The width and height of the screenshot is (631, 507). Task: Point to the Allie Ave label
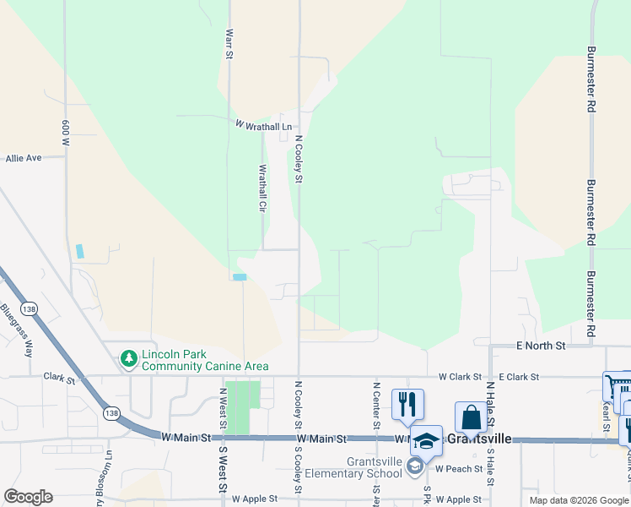[24, 158]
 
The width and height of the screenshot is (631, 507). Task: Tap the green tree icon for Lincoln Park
[129, 359]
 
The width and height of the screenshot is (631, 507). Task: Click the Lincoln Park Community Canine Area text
[205, 360]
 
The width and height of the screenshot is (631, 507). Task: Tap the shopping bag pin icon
[470, 417]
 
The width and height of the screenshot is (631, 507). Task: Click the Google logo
[28, 497]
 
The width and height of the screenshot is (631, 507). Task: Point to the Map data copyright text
[578, 500]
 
